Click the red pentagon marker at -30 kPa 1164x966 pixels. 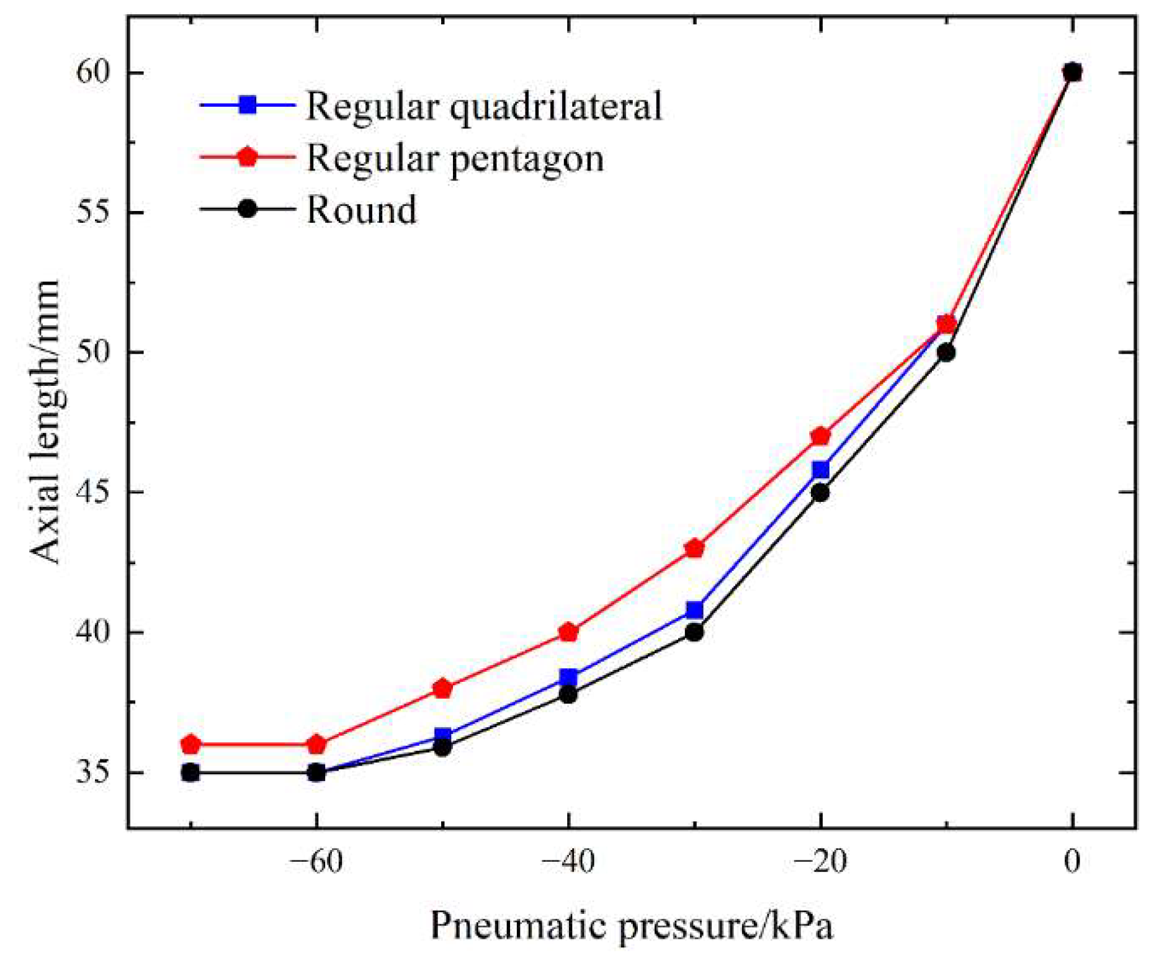click(x=694, y=548)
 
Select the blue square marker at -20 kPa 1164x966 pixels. click(x=820, y=470)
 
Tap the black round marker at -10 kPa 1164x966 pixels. click(x=946, y=353)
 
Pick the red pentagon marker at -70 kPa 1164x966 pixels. click(x=190, y=744)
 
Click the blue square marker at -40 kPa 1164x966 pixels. click(x=568, y=676)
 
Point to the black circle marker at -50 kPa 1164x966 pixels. click(x=442, y=748)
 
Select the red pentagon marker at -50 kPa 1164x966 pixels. click(x=442, y=689)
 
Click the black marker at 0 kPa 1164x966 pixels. click(x=1072, y=72)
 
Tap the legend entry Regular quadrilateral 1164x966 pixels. click(x=484, y=105)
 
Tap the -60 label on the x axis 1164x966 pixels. click(x=316, y=863)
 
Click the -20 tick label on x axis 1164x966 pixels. click(x=820, y=863)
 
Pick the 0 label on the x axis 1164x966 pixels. click(x=1072, y=863)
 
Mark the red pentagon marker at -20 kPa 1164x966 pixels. click(x=820, y=436)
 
